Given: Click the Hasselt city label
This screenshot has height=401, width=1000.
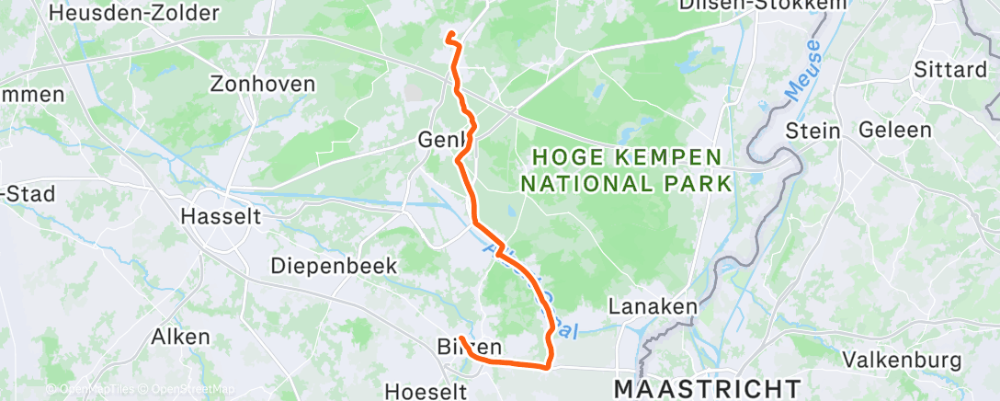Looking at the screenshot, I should pos(221,217).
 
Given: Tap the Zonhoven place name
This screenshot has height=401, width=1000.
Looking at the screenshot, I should pos(262,84).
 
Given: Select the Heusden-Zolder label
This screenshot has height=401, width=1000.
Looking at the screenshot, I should pos(134,13).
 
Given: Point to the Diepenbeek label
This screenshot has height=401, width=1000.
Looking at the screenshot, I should pos(334,266).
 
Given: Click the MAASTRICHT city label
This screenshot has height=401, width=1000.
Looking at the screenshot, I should pos(707,387).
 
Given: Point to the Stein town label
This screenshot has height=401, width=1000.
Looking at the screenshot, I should pos(813,131).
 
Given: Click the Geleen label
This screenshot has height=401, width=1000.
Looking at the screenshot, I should pos(894,130).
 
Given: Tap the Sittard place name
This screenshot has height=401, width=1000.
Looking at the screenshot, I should pos(950,70).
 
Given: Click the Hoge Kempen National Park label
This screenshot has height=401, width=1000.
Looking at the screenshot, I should pos(626,170).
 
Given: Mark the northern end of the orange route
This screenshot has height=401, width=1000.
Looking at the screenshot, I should pos(449,35).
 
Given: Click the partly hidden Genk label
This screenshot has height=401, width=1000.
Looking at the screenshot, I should pos(441,140).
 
